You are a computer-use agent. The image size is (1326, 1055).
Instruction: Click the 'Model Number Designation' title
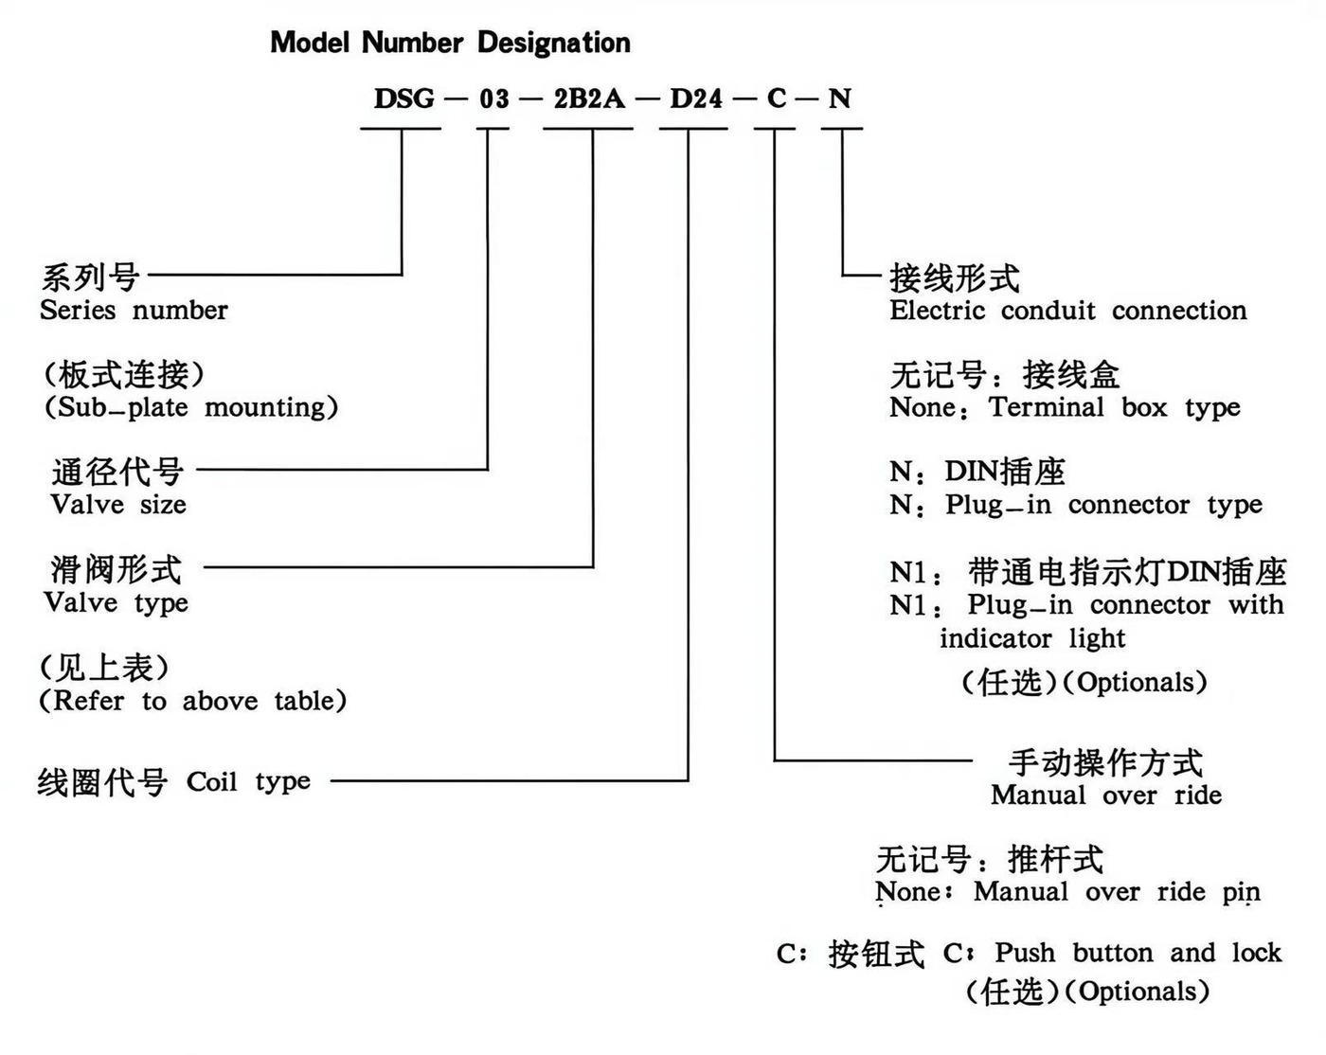pyautogui.click(x=450, y=43)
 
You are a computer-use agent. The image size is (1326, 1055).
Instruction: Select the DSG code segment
pyautogui.click(x=404, y=98)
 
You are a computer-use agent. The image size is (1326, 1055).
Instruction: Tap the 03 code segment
pyautogui.click(x=493, y=98)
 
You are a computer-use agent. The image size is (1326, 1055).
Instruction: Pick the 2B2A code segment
pyautogui.click(x=589, y=98)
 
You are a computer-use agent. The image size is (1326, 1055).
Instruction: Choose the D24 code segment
pyautogui.click(x=696, y=98)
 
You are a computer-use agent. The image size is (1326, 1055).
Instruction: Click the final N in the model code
pyautogui.click(x=839, y=98)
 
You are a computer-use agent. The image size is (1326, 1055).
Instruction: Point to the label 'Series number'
pyautogui.click(x=134, y=311)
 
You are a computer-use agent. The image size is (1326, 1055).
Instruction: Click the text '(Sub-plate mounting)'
pyautogui.click(x=190, y=407)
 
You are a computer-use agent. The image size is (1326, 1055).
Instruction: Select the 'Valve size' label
pyautogui.click(x=118, y=505)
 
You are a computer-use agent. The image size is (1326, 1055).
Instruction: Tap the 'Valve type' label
pyautogui.click(x=116, y=603)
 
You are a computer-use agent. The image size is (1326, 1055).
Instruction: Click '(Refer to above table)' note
pyautogui.click(x=192, y=701)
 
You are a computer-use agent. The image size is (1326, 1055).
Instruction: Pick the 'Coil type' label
pyautogui.click(x=248, y=782)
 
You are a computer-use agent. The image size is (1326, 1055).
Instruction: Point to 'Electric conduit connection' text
pyautogui.click(x=1067, y=311)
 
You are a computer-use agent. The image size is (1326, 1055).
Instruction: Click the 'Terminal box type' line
pyautogui.click(x=1114, y=408)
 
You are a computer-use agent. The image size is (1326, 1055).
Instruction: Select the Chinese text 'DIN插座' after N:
pyautogui.click(x=1005, y=472)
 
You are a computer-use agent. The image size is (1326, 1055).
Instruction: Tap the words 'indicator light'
pyautogui.click(x=1031, y=639)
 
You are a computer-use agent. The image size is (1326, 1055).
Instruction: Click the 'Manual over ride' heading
pyautogui.click(x=1105, y=796)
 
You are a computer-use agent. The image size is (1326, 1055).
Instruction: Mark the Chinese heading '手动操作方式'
pyautogui.click(x=1105, y=762)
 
